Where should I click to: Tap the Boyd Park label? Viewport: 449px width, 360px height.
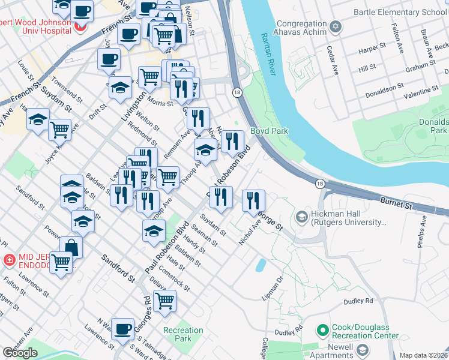(x=269, y=131)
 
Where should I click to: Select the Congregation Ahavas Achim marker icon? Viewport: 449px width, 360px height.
(x=335, y=26)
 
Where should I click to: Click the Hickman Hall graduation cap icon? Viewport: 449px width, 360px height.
(x=301, y=217)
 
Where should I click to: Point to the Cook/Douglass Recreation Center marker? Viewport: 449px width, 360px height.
(x=323, y=329)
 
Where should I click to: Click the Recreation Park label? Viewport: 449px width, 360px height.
(x=183, y=335)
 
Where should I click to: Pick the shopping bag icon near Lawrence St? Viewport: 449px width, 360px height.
(x=71, y=247)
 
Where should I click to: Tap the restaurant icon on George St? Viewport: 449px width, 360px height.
(x=253, y=200)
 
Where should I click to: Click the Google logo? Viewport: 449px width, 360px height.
(x=20, y=352)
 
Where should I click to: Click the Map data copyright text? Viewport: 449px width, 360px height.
(x=423, y=355)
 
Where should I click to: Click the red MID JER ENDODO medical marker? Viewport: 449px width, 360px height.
(x=9, y=260)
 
